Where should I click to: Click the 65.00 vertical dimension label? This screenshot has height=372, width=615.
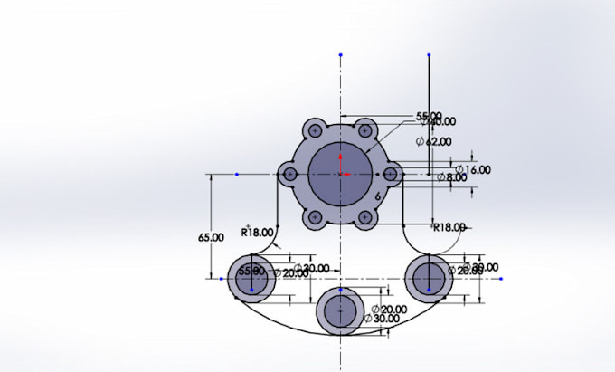(x=211, y=237)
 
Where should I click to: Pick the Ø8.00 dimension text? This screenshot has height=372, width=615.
(x=451, y=178)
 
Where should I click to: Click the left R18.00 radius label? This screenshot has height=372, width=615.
(x=257, y=232)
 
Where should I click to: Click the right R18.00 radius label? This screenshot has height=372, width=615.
(x=449, y=227)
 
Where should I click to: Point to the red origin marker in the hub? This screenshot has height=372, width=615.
(x=340, y=173)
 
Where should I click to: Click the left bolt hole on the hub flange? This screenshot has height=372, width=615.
(x=289, y=174)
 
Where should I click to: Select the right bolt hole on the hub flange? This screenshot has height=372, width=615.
(x=391, y=174)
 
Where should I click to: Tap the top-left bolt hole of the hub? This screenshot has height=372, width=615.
(x=315, y=130)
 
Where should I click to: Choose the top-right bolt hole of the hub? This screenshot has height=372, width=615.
(x=365, y=130)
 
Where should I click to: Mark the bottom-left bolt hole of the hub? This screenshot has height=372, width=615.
(x=315, y=217)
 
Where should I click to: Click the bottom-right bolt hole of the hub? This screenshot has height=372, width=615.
(x=365, y=217)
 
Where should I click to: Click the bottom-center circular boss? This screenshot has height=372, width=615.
(x=340, y=310)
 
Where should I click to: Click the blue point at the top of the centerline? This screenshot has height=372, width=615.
(x=340, y=55)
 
